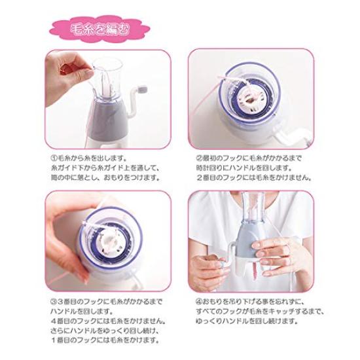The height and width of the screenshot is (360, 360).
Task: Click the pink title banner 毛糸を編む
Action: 98,29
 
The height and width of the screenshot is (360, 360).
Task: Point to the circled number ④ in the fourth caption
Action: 199,302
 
